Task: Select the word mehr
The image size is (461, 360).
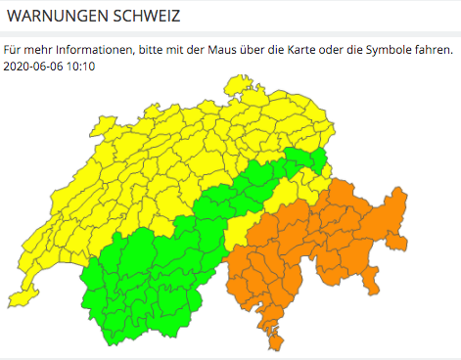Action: [35, 49]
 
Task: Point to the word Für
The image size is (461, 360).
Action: [12, 49]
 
